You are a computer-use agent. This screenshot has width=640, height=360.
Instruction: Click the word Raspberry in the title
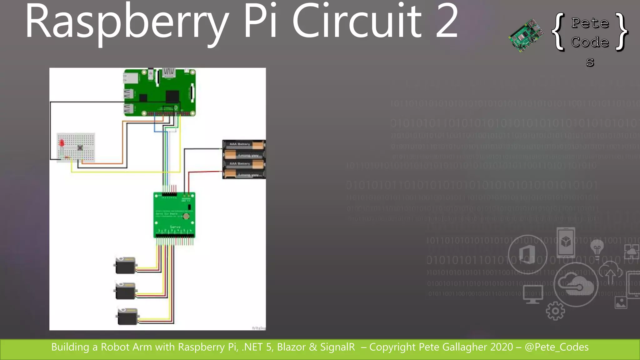pyautogui.click(x=127, y=22)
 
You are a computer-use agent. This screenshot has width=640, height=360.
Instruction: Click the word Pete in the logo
pyautogui.click(x=590, y=23)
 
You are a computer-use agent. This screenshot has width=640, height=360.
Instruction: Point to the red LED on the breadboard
pyautogui.click(x=62, y=143)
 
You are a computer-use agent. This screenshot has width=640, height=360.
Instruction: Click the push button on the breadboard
pyautogui.click(x=80, y=147)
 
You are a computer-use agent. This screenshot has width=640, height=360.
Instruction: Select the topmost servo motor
pyautogui.click(x=125, y=265)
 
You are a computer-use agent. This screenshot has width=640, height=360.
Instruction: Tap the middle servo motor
pyautogui.click(x=125, y=291)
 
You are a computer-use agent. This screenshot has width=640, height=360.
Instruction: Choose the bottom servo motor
pyautogui.click(x=127, y=316)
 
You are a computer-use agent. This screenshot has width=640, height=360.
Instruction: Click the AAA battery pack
pyautogui.click(x=244, y=159)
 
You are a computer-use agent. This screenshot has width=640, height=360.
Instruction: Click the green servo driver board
pyautogui.click(x=174, y=215)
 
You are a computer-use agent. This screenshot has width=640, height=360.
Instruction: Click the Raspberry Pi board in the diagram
pyautogui.click(x=160, y=92)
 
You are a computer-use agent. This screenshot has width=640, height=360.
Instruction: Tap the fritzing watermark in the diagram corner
pyautogui.click(x=258, y=328)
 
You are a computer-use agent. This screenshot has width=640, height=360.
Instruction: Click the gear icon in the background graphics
pyautogui.click(x=555, y=311)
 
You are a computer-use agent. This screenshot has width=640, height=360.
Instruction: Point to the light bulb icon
pyautogui.click(x=597, y=249)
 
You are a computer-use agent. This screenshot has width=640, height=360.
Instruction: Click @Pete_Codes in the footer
pyautogui.click(x=557, y=347)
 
